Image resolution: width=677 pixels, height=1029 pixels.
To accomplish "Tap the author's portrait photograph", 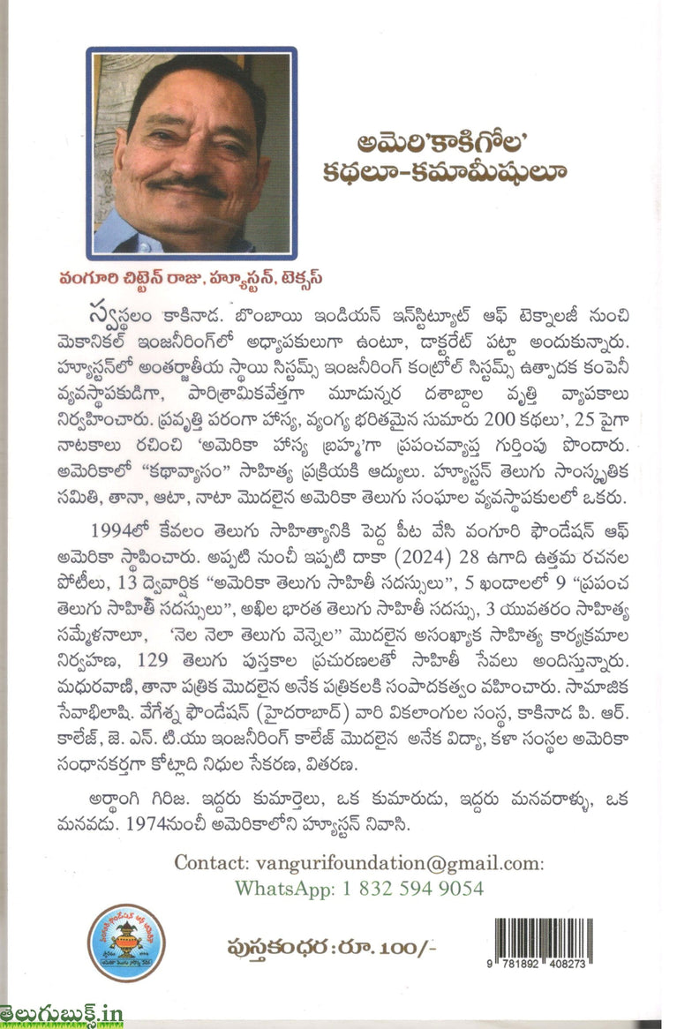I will [192, 151].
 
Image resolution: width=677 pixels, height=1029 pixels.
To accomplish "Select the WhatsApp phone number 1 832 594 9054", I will [413, 888].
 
